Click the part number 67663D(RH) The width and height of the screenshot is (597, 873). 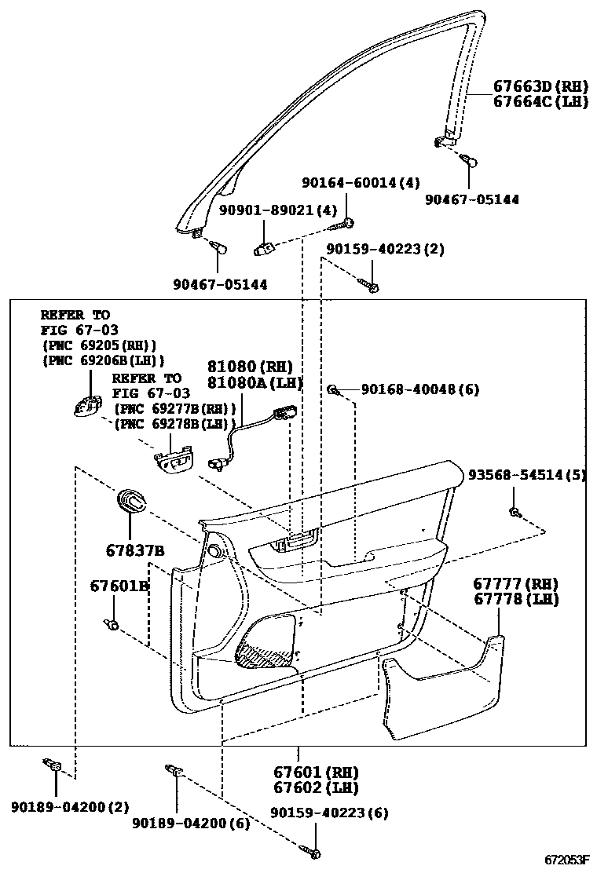point(540,86)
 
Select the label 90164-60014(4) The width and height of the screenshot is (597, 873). point(361,183)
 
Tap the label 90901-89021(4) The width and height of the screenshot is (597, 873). point(278,210)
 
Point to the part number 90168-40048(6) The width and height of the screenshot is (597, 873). point(420,389)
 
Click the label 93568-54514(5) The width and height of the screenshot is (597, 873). point(526,475)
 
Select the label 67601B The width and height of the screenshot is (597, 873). point(119,586)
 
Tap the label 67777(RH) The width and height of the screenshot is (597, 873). point(515,584)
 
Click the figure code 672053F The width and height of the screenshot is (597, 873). point(566,860)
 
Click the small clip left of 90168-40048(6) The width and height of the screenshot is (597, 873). point(335,390)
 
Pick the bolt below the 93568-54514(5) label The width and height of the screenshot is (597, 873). point(514,513)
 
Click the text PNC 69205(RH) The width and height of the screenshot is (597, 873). point(99,345)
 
